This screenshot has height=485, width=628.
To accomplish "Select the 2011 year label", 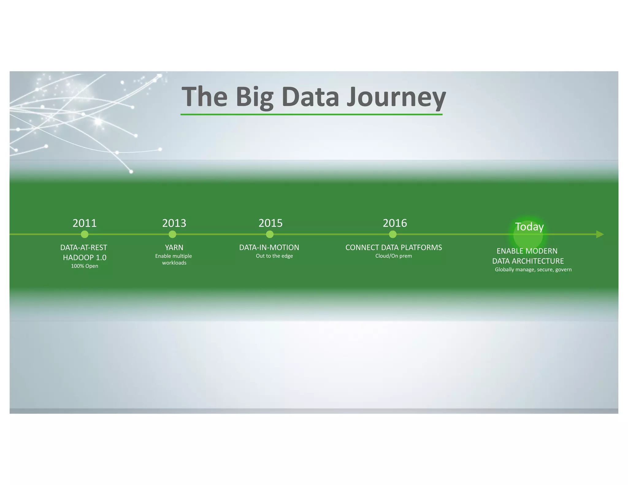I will (84, 223).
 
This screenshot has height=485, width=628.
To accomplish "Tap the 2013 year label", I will (174, 223).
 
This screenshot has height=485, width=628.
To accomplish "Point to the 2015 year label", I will (270, 223).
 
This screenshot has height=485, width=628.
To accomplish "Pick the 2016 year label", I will (395, 223).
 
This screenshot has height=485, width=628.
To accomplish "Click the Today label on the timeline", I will (529, 227).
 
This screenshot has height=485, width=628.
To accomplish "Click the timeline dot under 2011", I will (85, 235).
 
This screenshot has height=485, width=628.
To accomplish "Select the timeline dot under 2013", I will (172, 235).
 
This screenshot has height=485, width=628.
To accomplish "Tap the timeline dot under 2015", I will (270, 235).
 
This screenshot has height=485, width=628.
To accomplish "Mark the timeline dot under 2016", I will (392, 235).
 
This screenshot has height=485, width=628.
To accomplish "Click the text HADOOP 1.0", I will (85, 258).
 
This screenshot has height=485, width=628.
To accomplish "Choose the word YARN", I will (174, 247).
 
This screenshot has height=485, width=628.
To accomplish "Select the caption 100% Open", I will (85, 266).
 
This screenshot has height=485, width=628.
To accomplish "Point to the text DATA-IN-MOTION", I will (269, 247).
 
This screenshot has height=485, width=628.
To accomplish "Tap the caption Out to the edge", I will (274, 256).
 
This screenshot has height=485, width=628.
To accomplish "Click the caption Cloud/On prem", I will (393, 256).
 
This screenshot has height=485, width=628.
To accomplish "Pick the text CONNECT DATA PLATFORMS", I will (393, 247).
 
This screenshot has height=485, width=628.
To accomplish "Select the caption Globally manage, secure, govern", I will (533, 269).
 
